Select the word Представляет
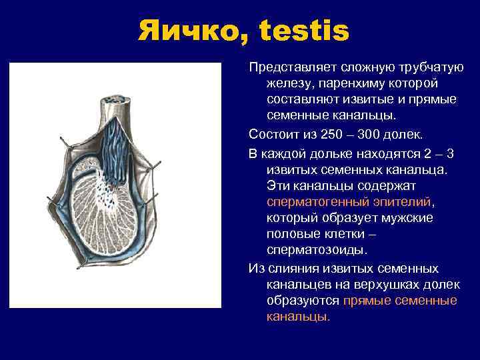click(291, 69)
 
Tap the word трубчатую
click(434, 69)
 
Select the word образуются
click(303, 301)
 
